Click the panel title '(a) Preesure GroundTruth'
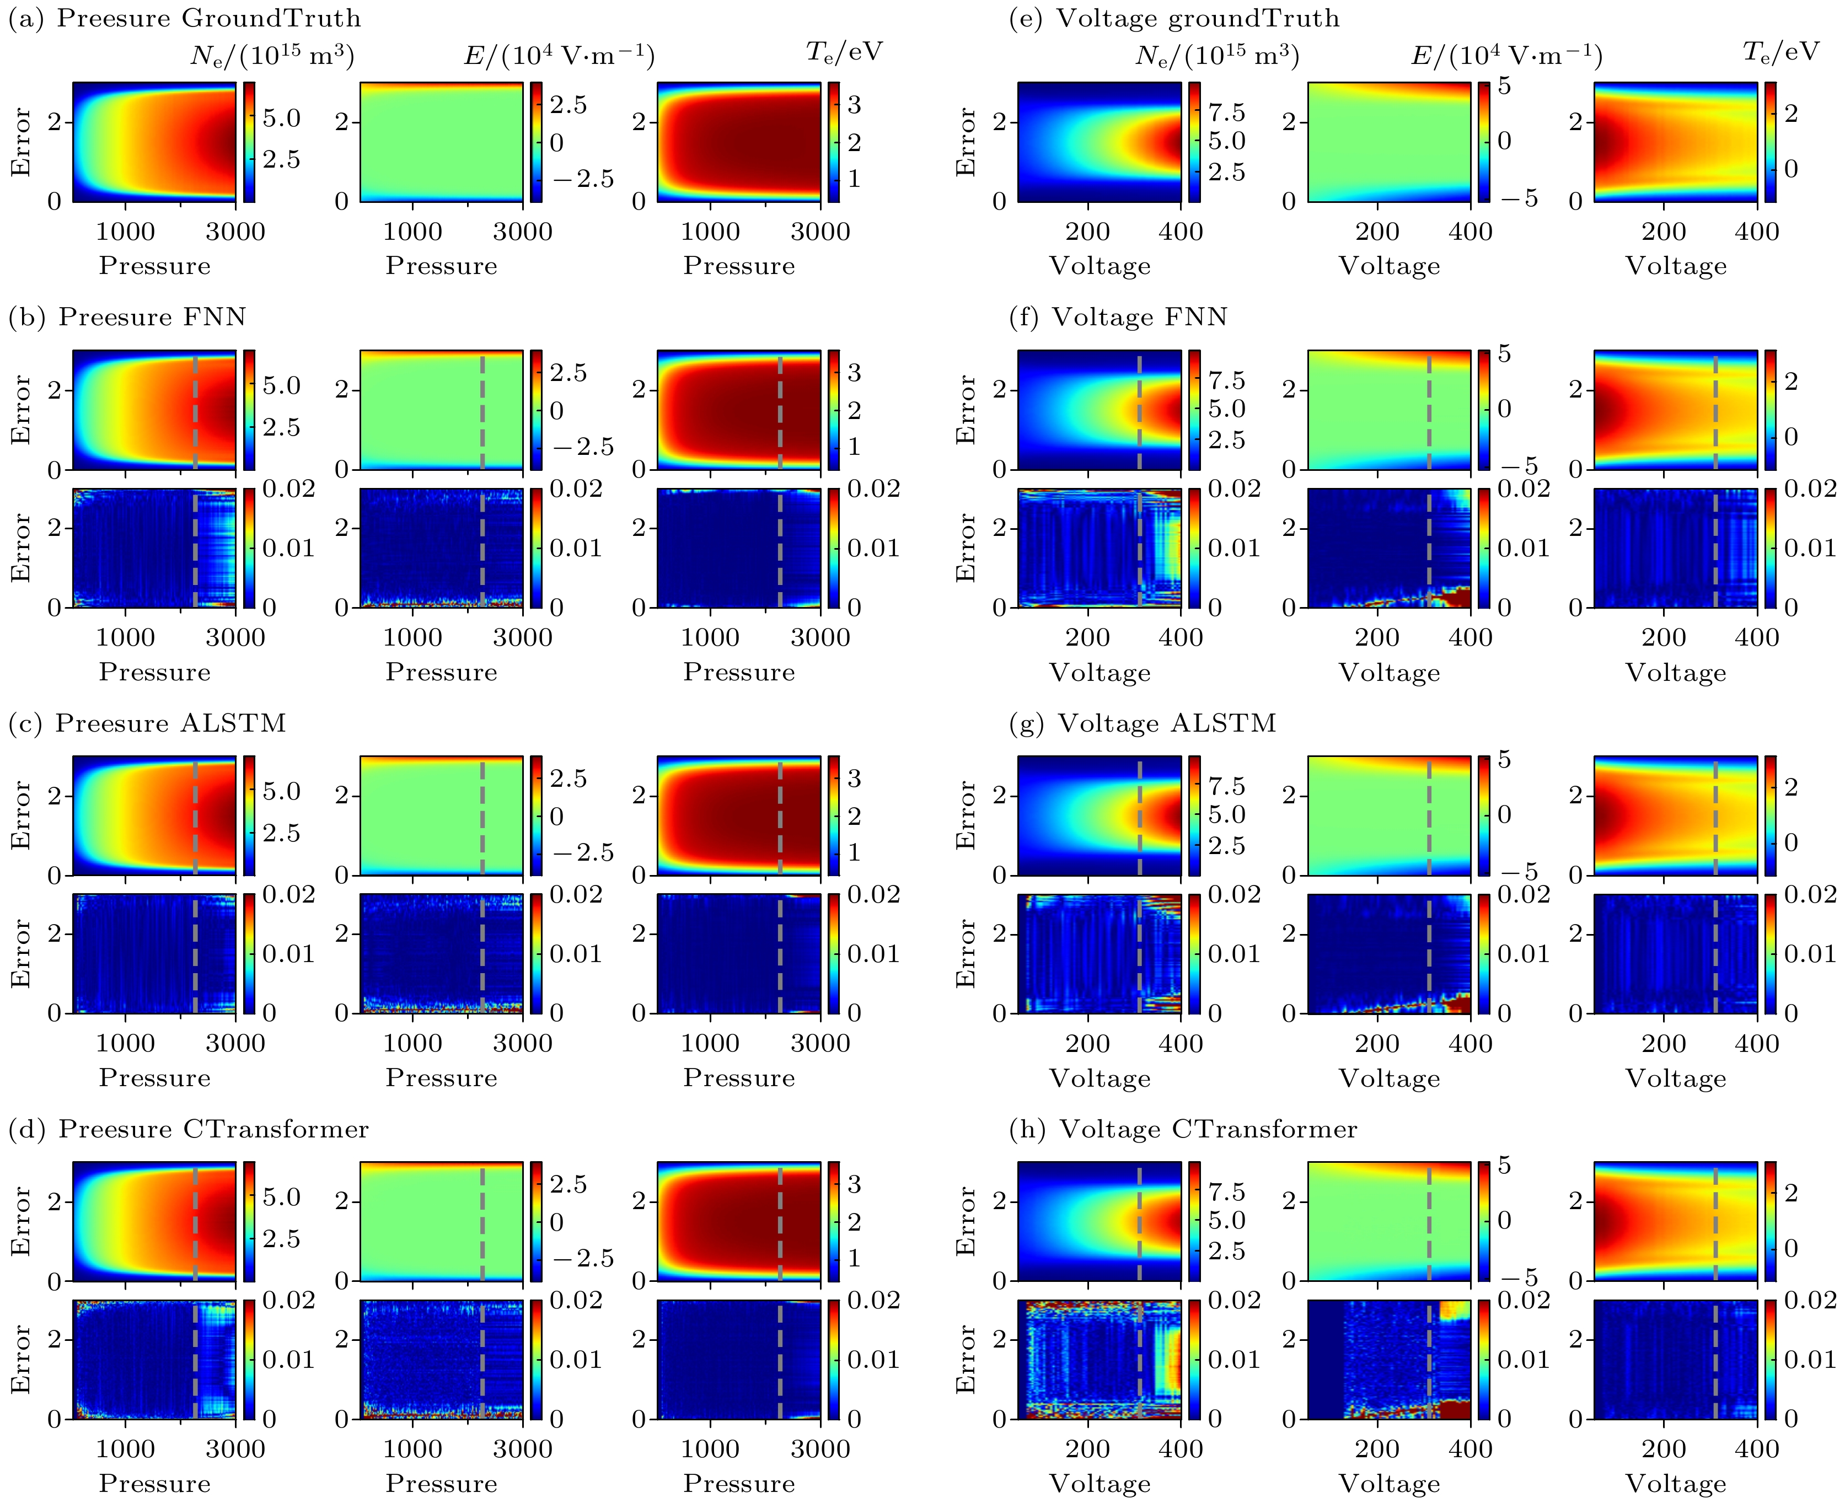[x=184, y=18]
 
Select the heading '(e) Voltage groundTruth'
[x=1174, y=18]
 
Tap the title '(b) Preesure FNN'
[x=127, y=317]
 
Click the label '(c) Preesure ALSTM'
[x=147, y=723]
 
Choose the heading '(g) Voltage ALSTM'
[x=1143, y=723]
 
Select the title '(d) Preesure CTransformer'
[x=189, y=1129]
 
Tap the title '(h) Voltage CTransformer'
[x=1183, y=1129]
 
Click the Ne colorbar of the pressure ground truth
[x=249, y=142]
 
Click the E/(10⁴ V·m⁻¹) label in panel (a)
[x=559, y=55]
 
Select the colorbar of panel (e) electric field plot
[x=1484, y=142]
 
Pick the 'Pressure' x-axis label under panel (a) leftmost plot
[x=155, y=265]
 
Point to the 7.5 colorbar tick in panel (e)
[x=1227, y=112]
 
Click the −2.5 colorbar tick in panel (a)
[x=583, y=179]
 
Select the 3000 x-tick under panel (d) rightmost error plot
[x=820, y=1448]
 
